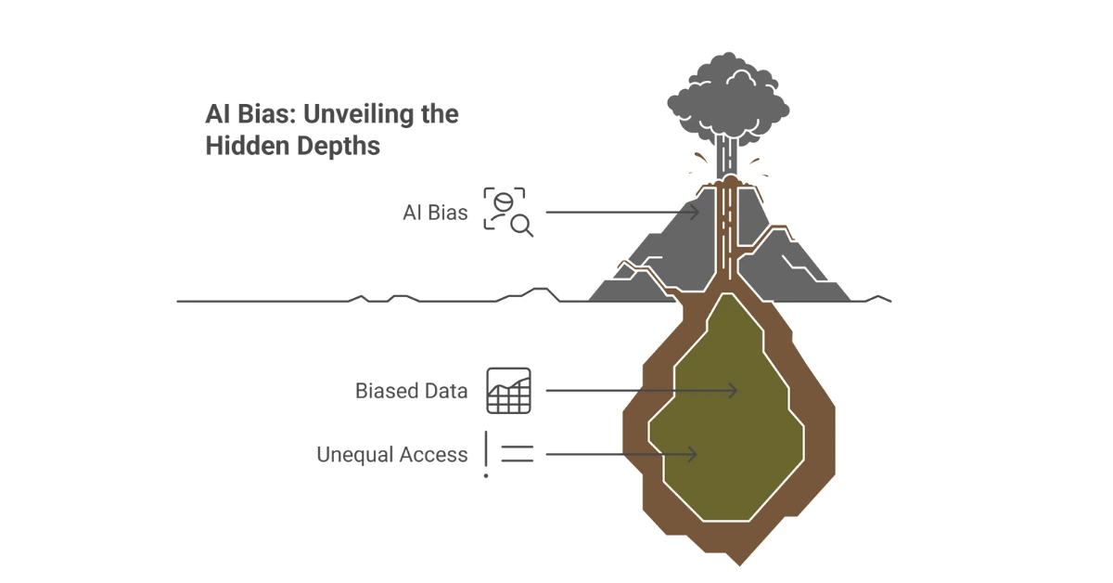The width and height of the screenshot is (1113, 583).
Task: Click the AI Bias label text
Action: point(435,213)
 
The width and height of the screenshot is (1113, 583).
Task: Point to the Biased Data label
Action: point(411,391)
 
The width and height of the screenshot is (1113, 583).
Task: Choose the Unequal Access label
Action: point(391,455)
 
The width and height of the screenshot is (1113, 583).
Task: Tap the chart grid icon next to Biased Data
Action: point(508,391)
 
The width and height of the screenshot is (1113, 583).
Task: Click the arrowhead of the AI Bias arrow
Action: point(695,213)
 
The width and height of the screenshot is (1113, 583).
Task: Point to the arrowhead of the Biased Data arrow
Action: point(734,391)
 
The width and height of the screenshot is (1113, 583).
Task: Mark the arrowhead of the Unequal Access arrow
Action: point(692,455)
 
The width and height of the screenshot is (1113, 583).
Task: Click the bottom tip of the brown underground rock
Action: point(738,561)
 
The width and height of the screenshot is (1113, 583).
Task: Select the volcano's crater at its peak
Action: point(729,181)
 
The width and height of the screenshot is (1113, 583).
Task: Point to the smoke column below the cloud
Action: point(729,153)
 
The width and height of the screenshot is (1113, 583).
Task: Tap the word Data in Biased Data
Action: point(446,391)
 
